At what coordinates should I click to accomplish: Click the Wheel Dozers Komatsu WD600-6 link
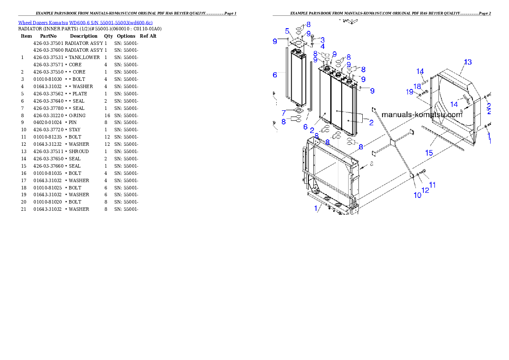pyautogui.click(x=85, y=23)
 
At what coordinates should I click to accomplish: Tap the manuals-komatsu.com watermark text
pyautogui.click(x=421, y=115)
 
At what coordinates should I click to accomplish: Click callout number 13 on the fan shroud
pyautogui.click(x=468, y=62)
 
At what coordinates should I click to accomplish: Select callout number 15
pyautogui.click(x=429, y=153)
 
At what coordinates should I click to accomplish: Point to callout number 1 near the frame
pyautogui.click(x=317, y=208)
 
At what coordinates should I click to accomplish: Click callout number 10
pyautogui.click(x=417, y=195)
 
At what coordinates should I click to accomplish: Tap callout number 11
pyautogui.click(x=432, y=185)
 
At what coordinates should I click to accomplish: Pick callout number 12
pyautogui.click(x=425, y=190)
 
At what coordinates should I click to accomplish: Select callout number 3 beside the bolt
pyautogui.click(x=323, y=40)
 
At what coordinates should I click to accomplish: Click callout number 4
pyautogui.click(x=322, y=46)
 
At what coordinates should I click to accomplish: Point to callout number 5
pyautogui.click(x=287, y=31)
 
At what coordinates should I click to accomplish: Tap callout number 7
pyautogui.click(x=283, y=113)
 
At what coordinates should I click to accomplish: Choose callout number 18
pyautogui.click(x=417, y=86)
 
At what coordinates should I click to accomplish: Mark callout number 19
pyautogui.click(x=409, y=92)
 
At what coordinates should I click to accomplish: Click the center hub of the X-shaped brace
pyautogui.click(x=393, y=140)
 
